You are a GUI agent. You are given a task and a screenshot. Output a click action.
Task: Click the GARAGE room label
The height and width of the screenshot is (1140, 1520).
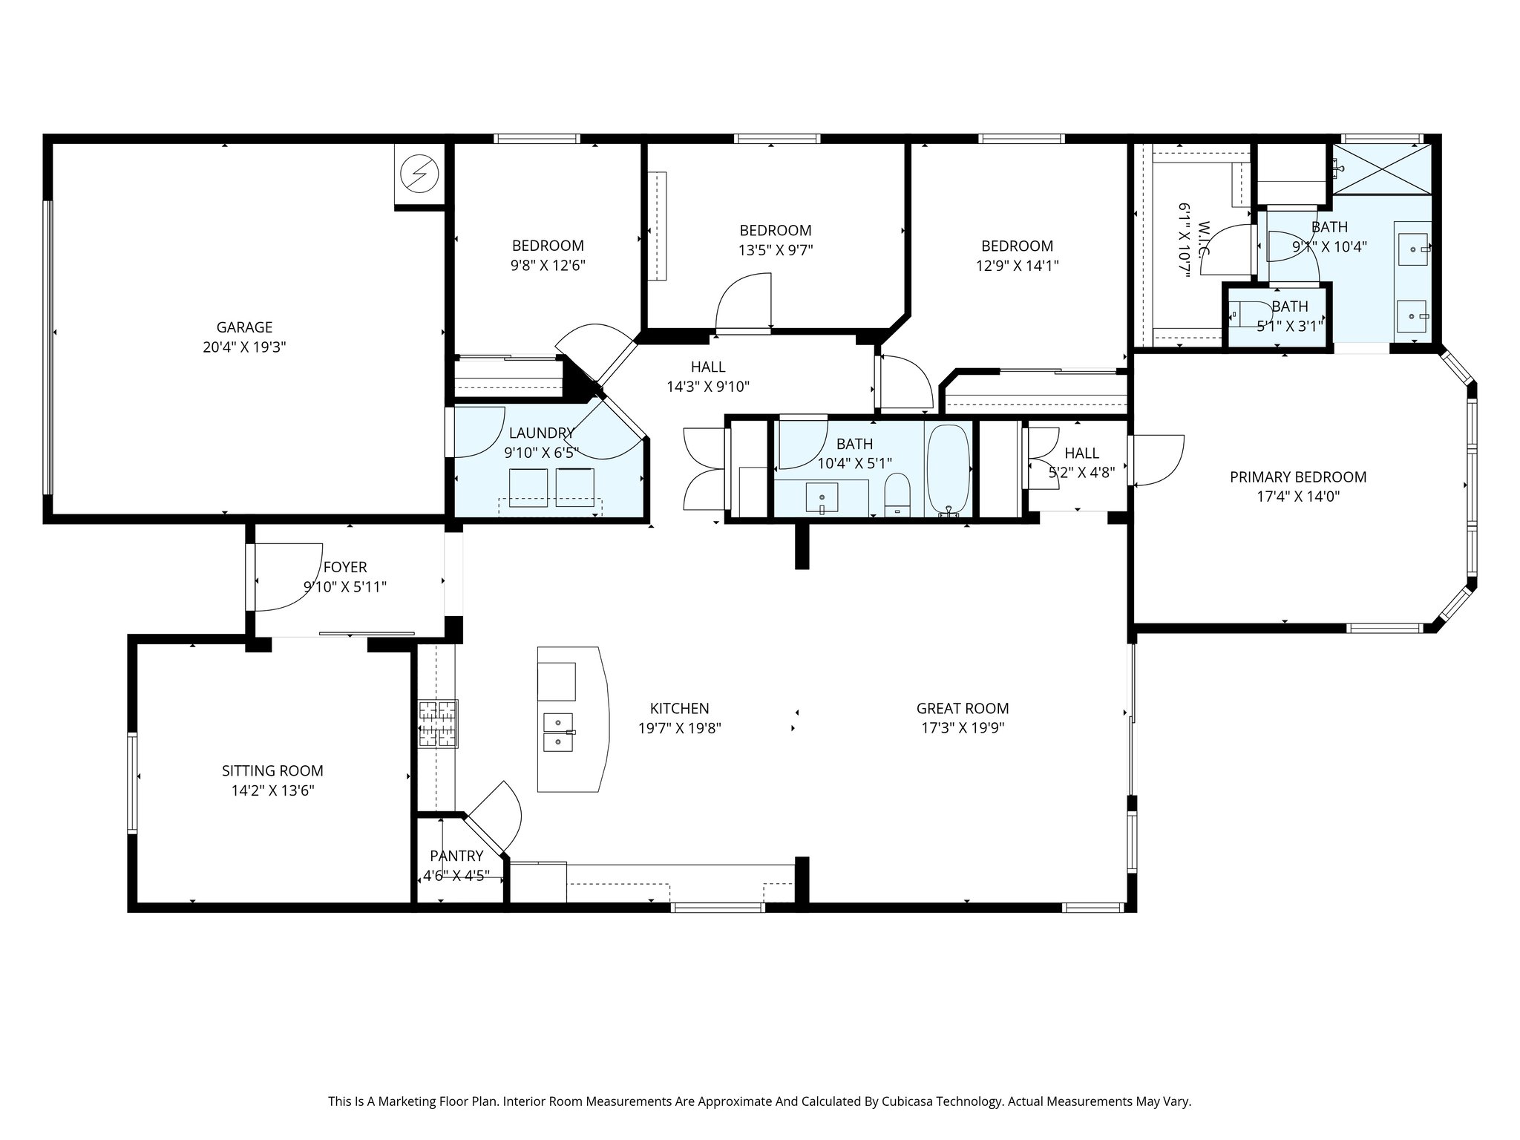(244, 327)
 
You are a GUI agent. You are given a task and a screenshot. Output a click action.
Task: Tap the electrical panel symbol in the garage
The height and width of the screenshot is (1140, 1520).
(419, 174)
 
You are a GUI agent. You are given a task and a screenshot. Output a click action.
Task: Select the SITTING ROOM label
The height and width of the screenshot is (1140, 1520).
(273, 771)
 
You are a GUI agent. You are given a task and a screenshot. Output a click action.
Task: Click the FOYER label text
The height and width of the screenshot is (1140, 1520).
(345, 568)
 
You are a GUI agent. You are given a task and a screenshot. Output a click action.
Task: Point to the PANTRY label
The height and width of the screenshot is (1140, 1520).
(456, 856)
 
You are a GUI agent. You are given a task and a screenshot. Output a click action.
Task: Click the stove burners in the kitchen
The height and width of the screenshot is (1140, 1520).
(438, 723)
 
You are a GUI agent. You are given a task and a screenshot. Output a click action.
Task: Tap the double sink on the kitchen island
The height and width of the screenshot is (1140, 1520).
(558, 733)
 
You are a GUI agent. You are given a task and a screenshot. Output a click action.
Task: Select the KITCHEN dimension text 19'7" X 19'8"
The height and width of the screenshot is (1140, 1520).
(680, 728)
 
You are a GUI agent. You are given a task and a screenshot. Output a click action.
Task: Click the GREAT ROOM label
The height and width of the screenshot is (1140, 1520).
(963, 709)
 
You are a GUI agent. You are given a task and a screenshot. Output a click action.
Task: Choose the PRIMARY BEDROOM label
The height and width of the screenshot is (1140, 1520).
(1298, 477)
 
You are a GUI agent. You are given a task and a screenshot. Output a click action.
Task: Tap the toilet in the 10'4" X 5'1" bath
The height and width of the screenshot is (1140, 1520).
(897, 496)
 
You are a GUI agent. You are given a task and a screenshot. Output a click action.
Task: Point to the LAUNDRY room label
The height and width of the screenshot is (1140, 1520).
(542, 433)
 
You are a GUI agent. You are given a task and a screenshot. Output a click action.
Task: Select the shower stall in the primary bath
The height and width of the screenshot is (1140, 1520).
(1381, 169)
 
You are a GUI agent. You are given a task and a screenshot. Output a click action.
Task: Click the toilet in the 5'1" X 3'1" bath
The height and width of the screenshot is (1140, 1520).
(1244, 315)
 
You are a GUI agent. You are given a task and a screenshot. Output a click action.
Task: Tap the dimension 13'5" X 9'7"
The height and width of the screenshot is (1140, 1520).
(776, 250)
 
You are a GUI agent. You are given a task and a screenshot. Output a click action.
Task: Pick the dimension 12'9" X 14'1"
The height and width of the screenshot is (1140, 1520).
(1017, 266)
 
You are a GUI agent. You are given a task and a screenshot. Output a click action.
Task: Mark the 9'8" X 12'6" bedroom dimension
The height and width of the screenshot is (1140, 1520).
(548, 266)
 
